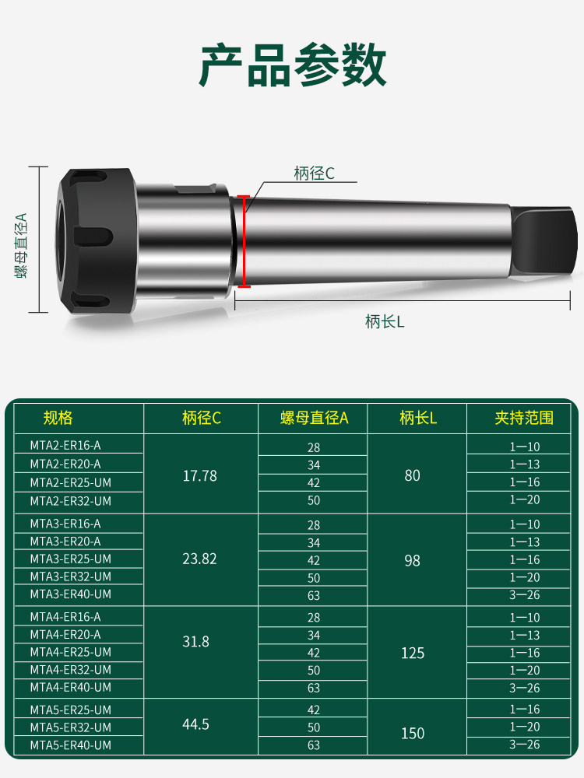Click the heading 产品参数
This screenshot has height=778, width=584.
[293, 65]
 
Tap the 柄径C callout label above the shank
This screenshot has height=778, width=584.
[314, 173]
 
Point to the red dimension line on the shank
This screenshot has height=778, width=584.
[243, 241]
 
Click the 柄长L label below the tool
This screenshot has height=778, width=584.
[385, 321]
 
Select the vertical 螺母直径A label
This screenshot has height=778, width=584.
[21, 245]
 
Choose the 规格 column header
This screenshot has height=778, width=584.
[58, 418]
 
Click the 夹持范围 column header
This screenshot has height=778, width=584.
[524, 418]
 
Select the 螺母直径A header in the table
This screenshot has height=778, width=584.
[315, 419]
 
